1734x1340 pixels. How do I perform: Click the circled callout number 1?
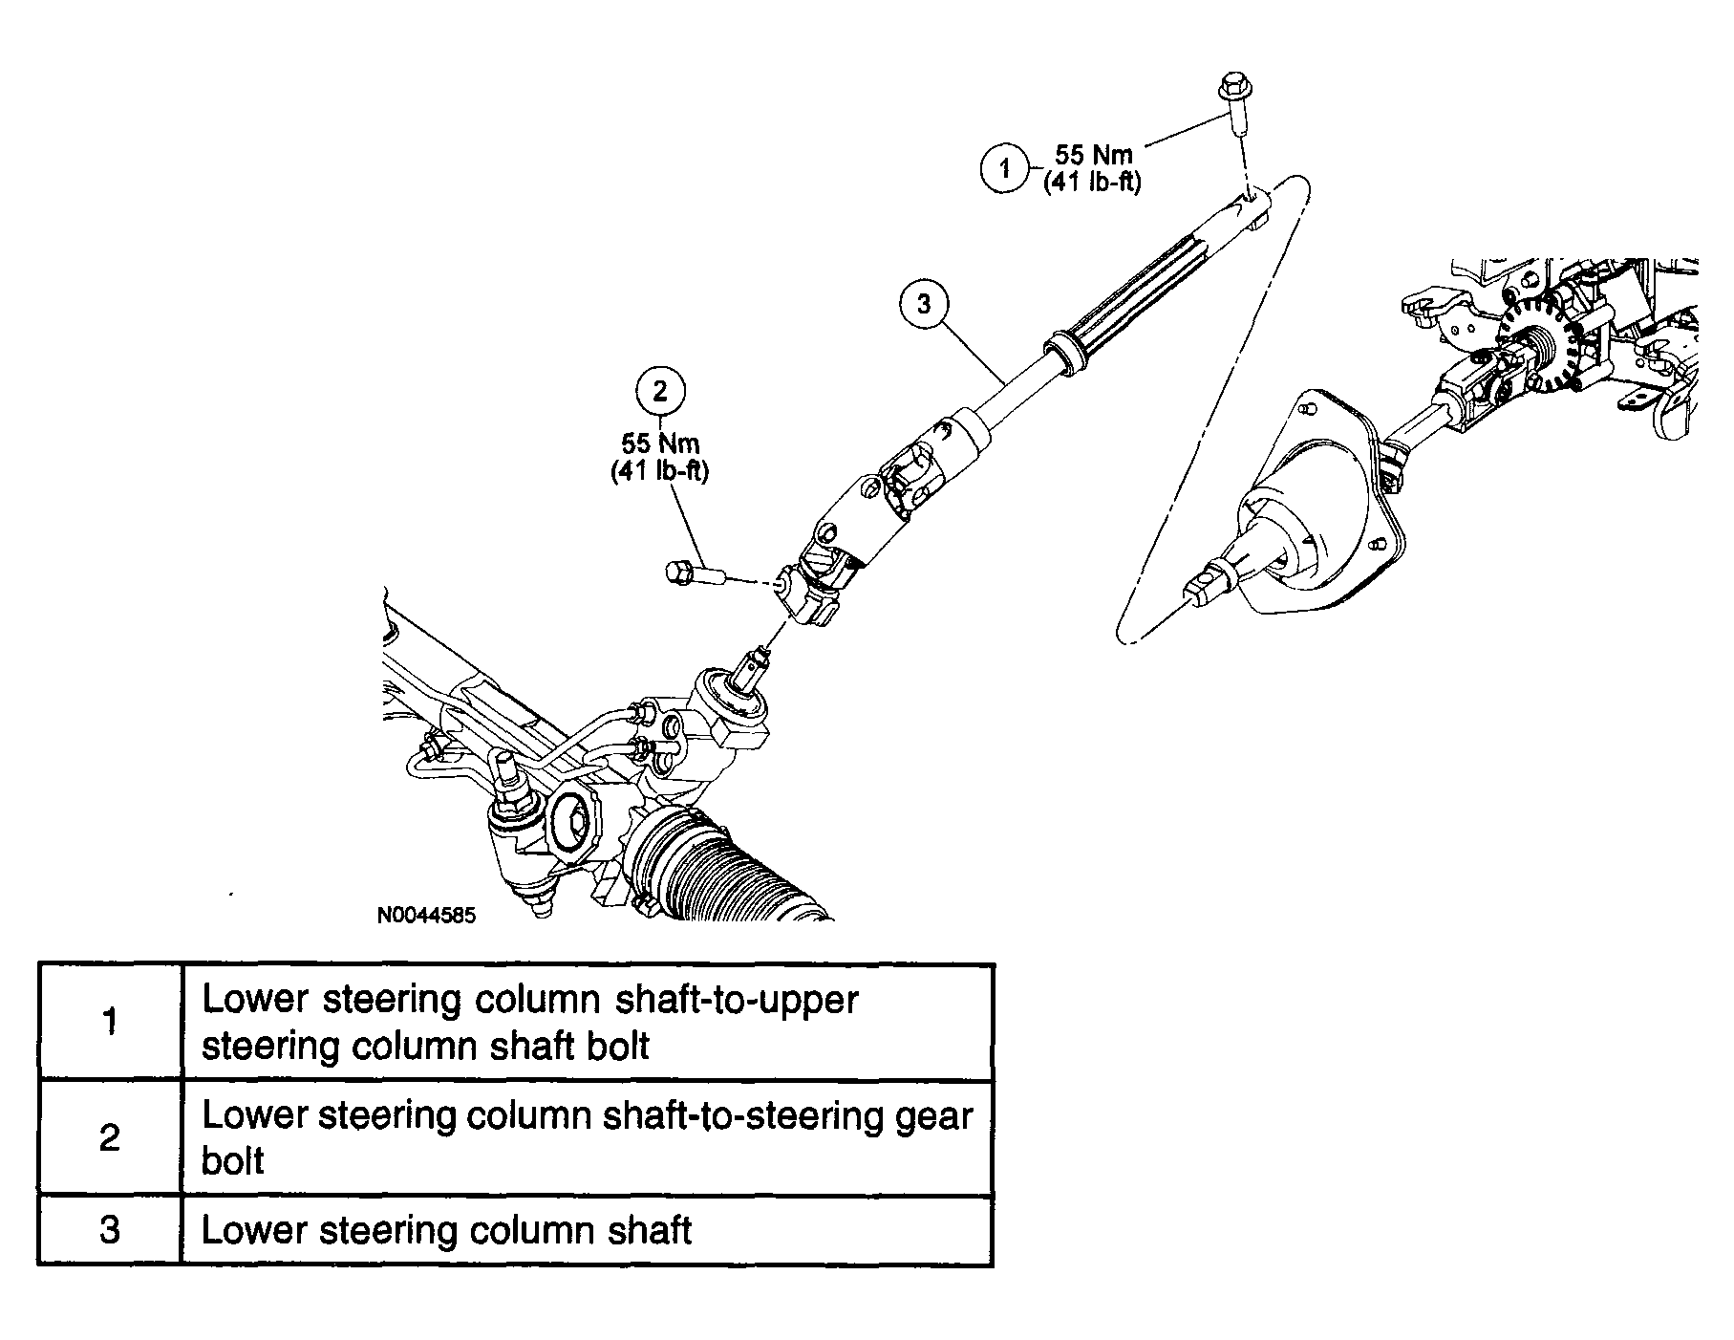1004,169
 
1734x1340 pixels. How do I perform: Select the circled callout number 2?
660,390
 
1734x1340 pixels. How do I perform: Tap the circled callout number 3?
924,304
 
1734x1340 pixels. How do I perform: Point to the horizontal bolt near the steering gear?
692,573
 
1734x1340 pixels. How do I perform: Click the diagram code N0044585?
426,915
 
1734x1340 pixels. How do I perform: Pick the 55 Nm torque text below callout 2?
660,443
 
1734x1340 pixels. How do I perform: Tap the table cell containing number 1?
110,1022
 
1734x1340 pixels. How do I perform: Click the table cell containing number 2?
110,1137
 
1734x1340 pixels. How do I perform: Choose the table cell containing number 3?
110,1229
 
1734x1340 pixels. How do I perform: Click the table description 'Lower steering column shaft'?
446,1230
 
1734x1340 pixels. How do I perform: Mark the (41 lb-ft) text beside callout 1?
1092,182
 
